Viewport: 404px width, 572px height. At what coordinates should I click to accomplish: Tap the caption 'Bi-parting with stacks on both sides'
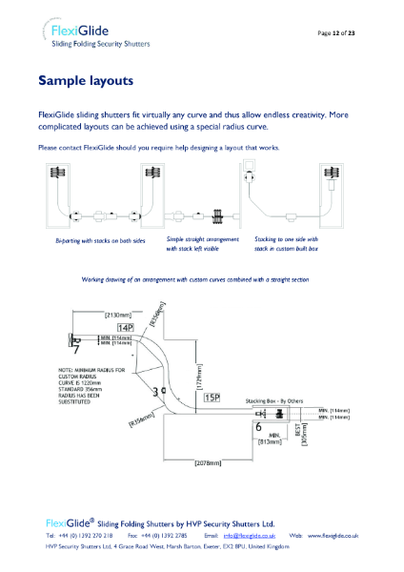(100, 242)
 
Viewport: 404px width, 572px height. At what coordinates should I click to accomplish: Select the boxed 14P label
(127, 327)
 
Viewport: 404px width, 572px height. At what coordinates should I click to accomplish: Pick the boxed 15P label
(212, 397)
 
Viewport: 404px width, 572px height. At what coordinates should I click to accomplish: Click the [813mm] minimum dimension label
(271, 442)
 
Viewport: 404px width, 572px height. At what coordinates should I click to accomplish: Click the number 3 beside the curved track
(155, 392)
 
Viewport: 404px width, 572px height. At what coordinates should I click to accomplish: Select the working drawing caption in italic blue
(194, 279)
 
